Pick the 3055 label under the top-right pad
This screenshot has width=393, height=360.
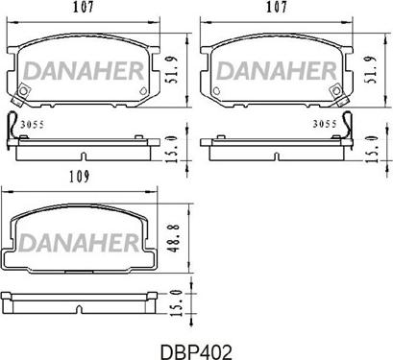(x=328, y=124)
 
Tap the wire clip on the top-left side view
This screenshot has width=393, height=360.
(x=12, y=125)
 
